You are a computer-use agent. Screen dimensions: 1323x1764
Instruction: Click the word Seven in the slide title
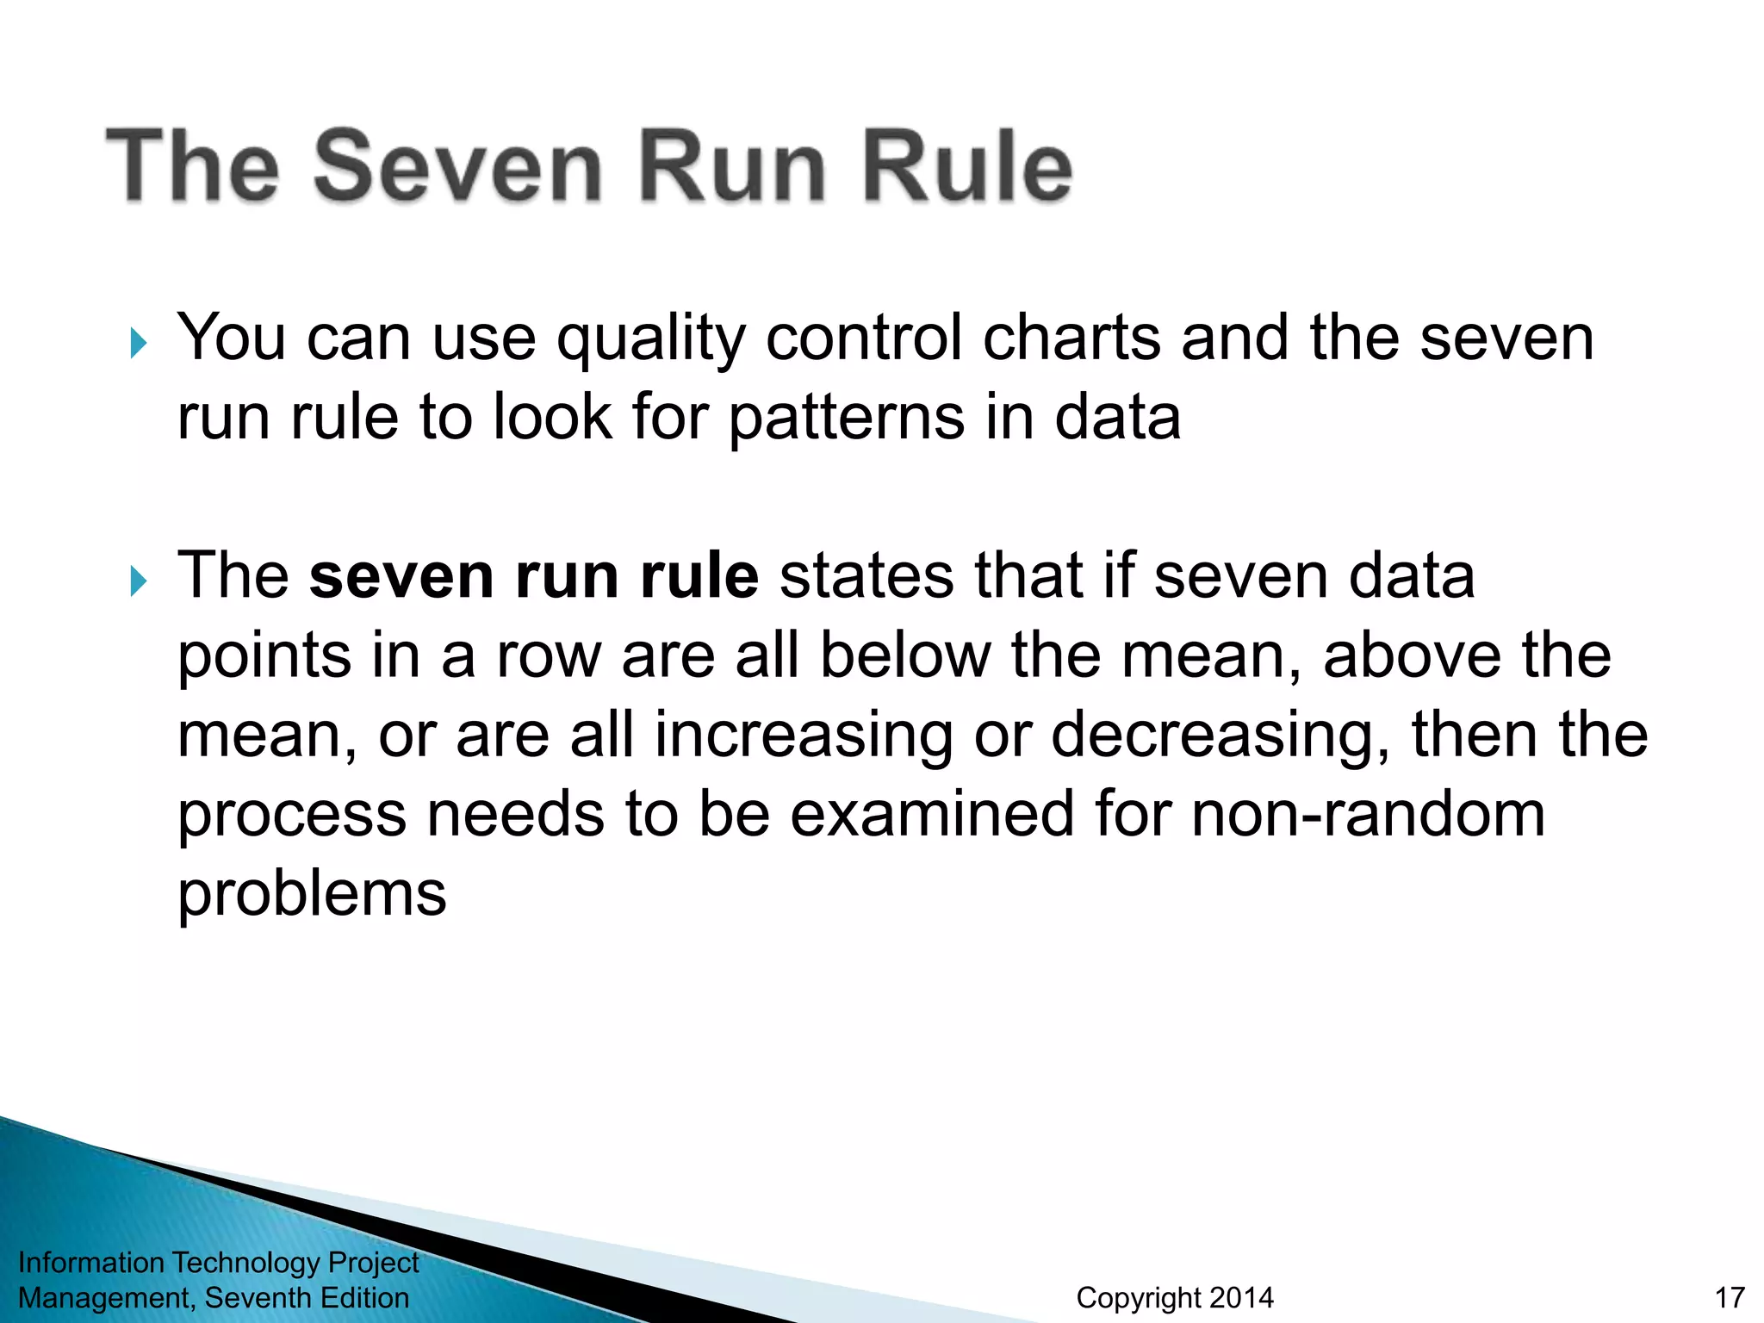[458, 165]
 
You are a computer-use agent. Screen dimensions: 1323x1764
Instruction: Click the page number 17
[1730, 1297]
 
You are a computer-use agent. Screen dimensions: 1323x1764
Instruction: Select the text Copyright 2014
[1174, 1297]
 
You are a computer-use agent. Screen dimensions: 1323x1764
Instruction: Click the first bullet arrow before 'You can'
[139, 344]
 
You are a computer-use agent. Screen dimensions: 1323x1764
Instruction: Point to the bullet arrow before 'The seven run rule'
[139, 581]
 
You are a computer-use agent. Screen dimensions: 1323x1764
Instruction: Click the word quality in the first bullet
[650, 339]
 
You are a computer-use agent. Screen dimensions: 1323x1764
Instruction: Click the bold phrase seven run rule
[534, 575]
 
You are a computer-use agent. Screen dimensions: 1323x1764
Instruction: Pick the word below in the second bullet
[905, 655]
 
